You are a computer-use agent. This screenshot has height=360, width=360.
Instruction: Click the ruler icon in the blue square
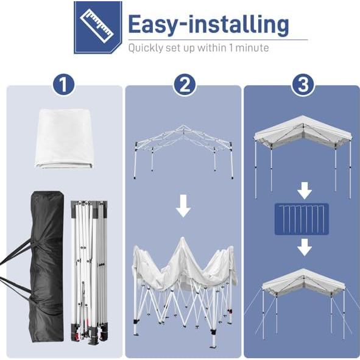pos(97,27)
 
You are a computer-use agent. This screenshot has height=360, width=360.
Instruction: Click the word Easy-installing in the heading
pos(208,24)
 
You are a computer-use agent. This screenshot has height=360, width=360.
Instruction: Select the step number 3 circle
pos(303,85)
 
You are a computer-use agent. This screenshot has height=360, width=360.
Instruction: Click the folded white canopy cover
pos(63,138)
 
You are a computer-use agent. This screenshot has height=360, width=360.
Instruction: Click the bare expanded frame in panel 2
pos(183,149)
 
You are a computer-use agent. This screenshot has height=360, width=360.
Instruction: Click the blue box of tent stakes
pos(303,219)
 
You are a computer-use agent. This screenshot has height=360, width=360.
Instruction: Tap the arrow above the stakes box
pos(303,191)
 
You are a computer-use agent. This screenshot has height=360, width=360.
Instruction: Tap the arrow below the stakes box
pos(303,247)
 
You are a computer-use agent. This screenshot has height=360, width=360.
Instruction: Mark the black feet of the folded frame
pos(89,335)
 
